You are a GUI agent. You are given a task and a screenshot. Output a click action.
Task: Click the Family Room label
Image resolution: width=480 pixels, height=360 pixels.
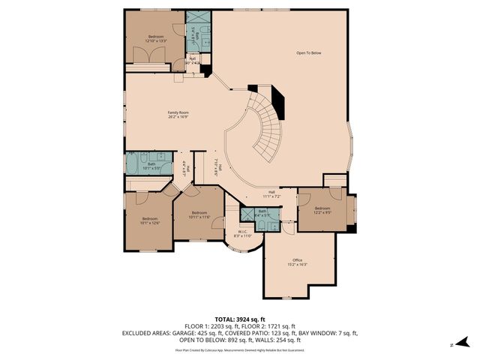click(x=178, y=115)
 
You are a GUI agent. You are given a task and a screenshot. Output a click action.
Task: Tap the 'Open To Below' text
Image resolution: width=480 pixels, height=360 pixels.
click(x=308, y=53)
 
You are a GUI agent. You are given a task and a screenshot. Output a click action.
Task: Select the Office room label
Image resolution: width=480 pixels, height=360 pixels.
click(x=297, y=262)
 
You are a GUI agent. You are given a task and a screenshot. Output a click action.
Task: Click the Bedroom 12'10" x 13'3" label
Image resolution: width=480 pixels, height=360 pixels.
click(x=156, y=38)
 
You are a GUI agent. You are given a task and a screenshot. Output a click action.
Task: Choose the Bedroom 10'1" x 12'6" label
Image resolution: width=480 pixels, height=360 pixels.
click(x=150, y=220)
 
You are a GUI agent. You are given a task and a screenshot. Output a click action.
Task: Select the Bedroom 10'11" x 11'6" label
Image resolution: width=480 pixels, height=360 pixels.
click(x=199, y=215)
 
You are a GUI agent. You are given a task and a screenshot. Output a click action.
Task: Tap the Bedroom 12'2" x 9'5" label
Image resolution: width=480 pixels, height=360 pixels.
click(x=322, y=210)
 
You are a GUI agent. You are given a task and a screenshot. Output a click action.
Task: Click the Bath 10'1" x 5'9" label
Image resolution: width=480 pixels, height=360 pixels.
click(x=151, y=166)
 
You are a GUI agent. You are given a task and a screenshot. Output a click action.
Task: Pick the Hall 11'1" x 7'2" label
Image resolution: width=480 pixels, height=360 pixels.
click(x=271, y=193)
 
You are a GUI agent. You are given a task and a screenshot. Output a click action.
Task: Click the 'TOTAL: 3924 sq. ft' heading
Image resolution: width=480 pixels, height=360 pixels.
click(x=240, y=319)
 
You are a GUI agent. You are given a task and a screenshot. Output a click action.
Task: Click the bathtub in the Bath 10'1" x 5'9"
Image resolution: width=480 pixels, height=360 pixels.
click(x=136, y=163)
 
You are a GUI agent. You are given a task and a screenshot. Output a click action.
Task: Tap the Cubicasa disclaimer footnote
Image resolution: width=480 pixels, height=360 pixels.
click(x=240, y=349)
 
